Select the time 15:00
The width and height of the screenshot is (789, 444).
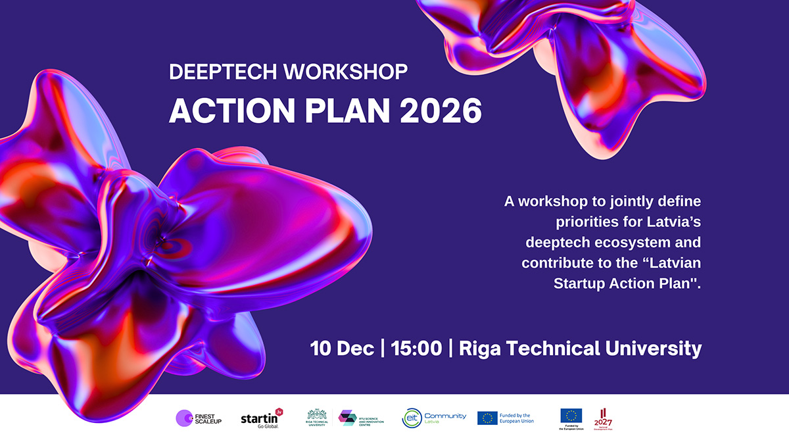click(416, 348)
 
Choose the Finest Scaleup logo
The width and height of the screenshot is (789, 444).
click(199, 418)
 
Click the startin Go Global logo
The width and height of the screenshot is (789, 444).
click(262, 418)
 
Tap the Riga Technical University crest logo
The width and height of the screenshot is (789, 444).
click(316, 417)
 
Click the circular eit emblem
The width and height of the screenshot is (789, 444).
click(412, 418)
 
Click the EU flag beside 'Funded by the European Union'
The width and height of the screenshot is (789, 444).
click(487, 418)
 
